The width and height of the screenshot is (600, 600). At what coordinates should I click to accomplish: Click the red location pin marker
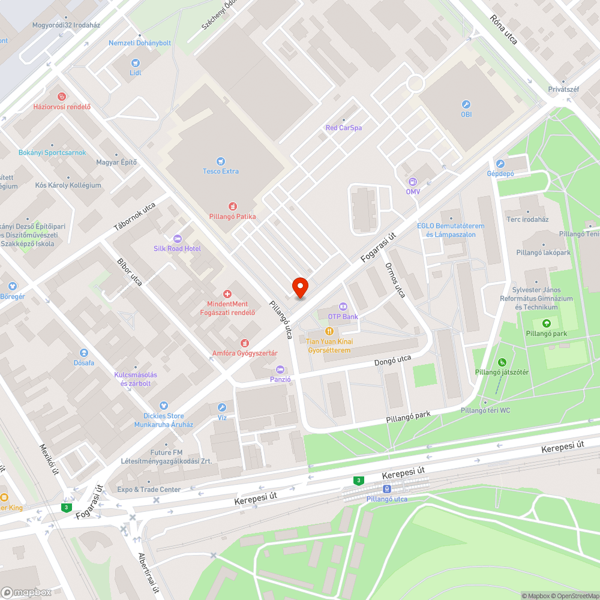[299, 287]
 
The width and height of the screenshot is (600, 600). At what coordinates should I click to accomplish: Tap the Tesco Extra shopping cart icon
[221, 161]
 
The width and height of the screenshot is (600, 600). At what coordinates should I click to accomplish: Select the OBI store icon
[466, 104]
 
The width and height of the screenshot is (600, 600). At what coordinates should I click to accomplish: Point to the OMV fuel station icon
[412, 182]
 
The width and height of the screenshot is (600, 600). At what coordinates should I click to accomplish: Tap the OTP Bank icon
[343, 307]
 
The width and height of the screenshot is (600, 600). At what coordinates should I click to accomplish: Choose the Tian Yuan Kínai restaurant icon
[329, 331]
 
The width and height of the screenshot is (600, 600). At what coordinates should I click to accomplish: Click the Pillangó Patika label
[232, 216]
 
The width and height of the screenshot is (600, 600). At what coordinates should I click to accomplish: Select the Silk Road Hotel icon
[177, 238]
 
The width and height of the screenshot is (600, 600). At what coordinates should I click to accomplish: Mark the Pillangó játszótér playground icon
[502, 362]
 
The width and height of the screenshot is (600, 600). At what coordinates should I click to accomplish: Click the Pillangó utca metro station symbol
[386, 489]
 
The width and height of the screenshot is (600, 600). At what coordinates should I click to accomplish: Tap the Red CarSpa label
[343, 128]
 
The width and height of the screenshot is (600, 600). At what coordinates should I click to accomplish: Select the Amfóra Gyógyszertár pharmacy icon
[244, 343]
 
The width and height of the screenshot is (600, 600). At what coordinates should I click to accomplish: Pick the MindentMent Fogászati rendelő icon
[227, 294]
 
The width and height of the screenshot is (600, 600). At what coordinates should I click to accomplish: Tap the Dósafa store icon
[84, 353]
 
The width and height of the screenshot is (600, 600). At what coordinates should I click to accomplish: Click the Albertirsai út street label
[148, 572]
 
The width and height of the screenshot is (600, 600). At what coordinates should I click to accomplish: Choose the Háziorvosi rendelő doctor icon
[61, 96]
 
